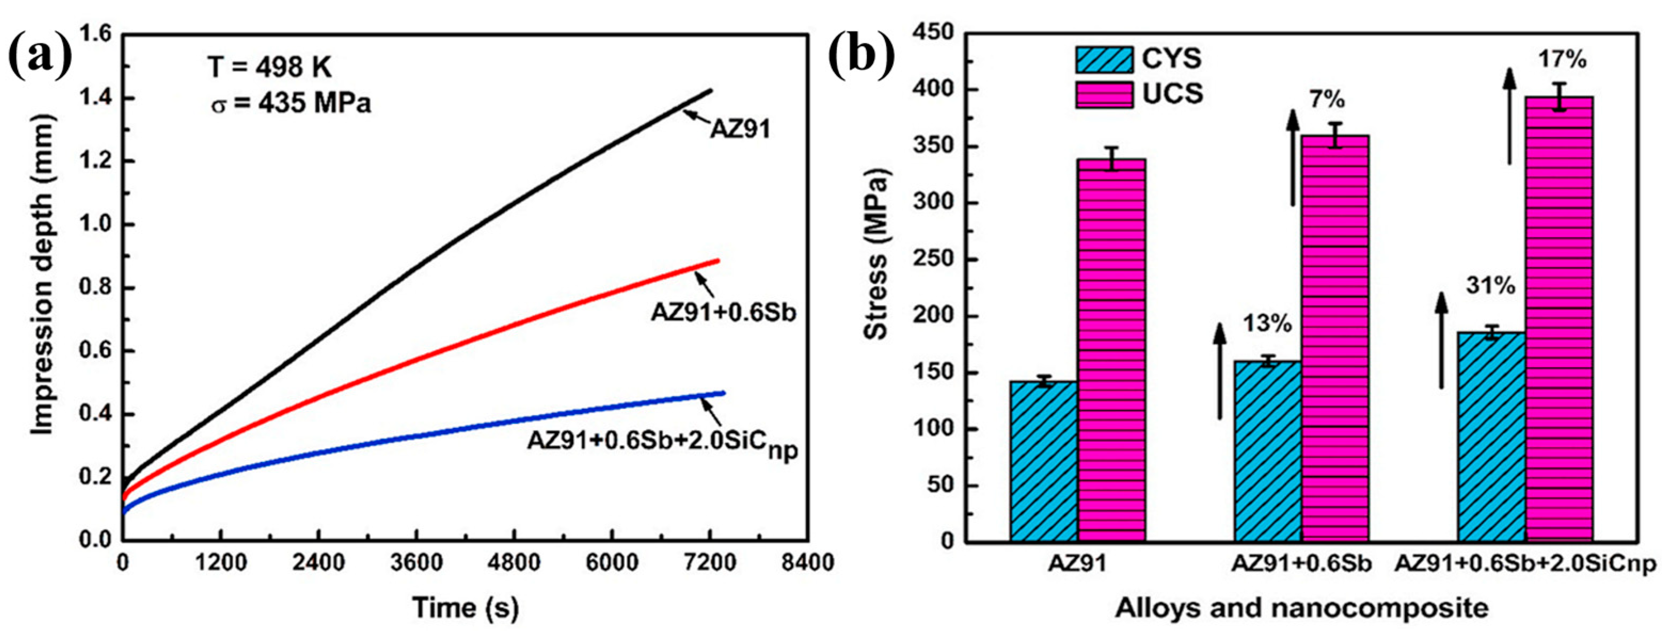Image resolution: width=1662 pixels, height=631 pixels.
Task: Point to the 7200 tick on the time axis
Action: click(x=709, y=564)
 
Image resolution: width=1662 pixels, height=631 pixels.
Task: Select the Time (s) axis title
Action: click(x=466, y=607)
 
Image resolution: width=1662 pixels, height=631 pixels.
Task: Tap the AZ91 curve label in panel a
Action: click(x=740, y=130)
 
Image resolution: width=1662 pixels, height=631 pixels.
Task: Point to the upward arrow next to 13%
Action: click(x=1219, y=381)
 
